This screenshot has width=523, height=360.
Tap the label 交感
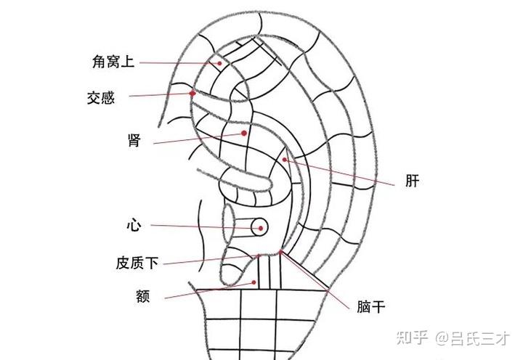101,97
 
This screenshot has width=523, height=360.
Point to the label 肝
413,181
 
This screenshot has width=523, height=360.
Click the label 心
133,226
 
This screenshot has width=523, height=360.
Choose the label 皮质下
137,262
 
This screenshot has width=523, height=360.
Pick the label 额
142,296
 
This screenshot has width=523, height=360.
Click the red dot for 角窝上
218,63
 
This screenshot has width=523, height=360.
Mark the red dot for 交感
192,93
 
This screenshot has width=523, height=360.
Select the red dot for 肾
245,134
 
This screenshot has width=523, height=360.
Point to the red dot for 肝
285,159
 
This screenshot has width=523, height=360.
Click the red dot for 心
257,228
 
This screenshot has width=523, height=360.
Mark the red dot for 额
254,282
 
